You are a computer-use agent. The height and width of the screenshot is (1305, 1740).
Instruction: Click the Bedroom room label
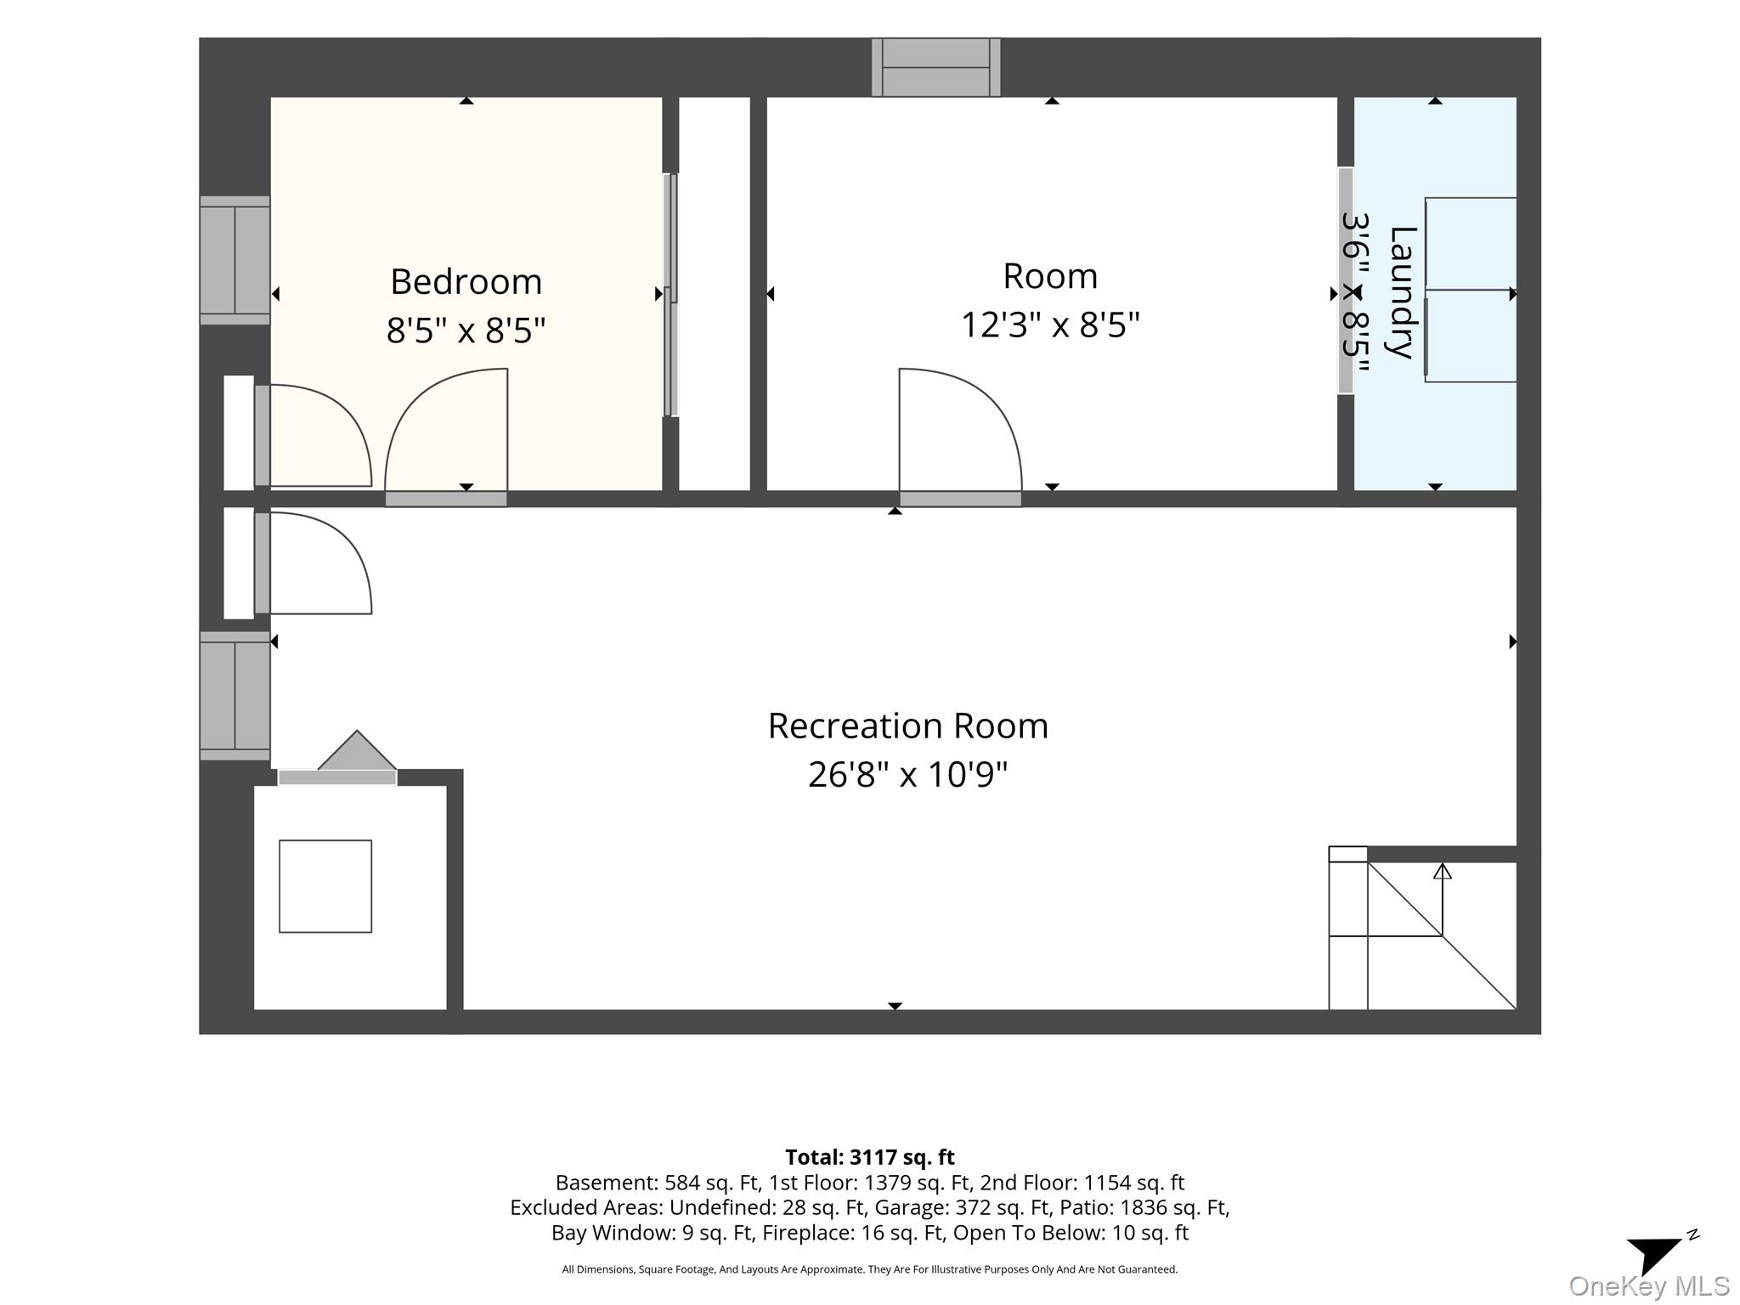pyautogui.click(x=466, y=282)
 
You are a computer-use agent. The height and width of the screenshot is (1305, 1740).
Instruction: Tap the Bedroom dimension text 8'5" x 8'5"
pyautogui.click(x=466, y=330)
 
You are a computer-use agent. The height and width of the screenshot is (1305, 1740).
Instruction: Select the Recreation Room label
pyautogui.click(x=907, y=726)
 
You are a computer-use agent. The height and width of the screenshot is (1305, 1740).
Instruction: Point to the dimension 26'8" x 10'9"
pyautogui.click(x=907, y=775)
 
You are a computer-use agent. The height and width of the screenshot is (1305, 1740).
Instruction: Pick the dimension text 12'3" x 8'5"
pyautogui.click(x=1050, y=325)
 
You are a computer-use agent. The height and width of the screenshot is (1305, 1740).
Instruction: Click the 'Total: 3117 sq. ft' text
pyautogui.click(x=869, y=1157)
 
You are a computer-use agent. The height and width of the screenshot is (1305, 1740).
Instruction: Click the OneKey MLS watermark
pyautogui.click(x=1649, y=1286)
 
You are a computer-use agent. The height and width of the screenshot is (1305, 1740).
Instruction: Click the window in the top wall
pyautogui.click(x=935, y=67)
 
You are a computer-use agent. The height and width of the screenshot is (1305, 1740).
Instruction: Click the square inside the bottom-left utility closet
pyautogui.click(x=325, y=886)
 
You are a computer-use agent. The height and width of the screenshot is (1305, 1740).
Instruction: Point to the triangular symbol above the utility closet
pyautogui.click(x=357, y=750)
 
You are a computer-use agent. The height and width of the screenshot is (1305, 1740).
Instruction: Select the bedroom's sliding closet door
pyautogui.click(x=670, y=295)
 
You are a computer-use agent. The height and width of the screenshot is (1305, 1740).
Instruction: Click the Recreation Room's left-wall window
pyautogui.click(x=234, y=696)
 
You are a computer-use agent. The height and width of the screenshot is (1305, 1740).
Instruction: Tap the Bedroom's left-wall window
pyautogui.click(x=234, y=260)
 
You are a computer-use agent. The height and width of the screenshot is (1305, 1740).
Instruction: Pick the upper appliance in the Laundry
pyautogui.click(x=1471, y=243)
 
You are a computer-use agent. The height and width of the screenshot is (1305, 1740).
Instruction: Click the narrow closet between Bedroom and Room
pyautogui.click(x=715, y=294)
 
